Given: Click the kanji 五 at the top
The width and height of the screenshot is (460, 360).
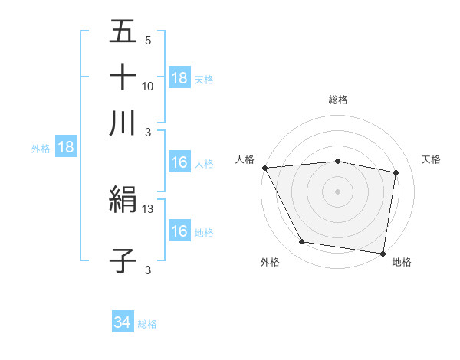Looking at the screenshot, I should click(x=123, y=31).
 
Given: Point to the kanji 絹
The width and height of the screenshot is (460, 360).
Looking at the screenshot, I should click(x=123, y=201).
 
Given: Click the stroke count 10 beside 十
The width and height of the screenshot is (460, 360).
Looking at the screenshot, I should click(x=148, y=86).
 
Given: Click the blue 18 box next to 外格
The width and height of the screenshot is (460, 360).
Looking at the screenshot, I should click(x=66, y=148).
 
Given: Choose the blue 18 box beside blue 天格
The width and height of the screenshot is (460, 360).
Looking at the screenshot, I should click(x=179, y=78).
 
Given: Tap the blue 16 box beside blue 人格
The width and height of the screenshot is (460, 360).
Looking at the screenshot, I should click(x=179, y=162).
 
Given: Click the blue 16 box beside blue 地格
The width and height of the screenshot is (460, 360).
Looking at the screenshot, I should click(x=179, y=231).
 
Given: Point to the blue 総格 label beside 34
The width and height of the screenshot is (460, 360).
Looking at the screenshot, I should click(x=147, y=324).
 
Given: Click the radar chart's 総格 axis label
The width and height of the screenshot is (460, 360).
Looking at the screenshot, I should click(x=338, y=100).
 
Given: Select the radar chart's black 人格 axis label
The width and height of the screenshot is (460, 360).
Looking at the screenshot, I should click(x=245, y=159).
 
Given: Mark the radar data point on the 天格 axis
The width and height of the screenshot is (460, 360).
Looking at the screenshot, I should click(x=396, y=173).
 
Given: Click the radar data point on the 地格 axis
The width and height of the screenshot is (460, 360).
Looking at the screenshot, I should click(x=383, y=253).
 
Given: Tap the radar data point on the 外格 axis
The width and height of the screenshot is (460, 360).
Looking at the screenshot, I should click(x=302, y=242).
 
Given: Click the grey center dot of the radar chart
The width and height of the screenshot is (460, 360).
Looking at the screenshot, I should click(x=338, y=191).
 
